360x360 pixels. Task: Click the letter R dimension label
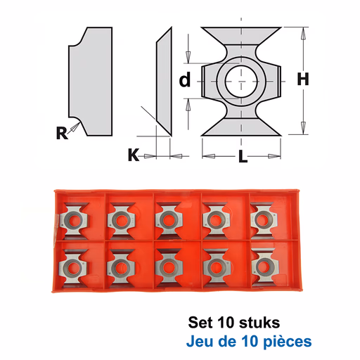point(62,133)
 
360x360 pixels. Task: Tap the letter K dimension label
point(134,155)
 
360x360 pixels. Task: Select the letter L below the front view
point(243,156)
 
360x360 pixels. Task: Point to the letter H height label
point(303,79)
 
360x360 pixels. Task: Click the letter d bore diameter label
point(185,79)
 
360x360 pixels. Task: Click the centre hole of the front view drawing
point(241,82)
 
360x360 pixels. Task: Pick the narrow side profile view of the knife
point(164,82)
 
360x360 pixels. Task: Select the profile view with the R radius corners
point(91,82)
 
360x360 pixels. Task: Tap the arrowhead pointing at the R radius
point(75,127)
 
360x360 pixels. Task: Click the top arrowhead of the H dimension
point(304,34)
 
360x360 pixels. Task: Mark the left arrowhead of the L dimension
point(209,156)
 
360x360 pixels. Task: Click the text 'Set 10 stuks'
point(234,323)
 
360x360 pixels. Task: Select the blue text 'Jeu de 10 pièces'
point(249,342)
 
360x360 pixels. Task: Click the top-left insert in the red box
point(74,219)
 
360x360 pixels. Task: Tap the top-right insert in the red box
point(264,219)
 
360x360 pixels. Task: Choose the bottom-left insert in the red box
point(73,266)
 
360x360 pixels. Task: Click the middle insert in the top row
point(169,219)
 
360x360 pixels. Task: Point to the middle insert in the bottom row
point(169,267)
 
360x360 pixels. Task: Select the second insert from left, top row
point(121,219)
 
